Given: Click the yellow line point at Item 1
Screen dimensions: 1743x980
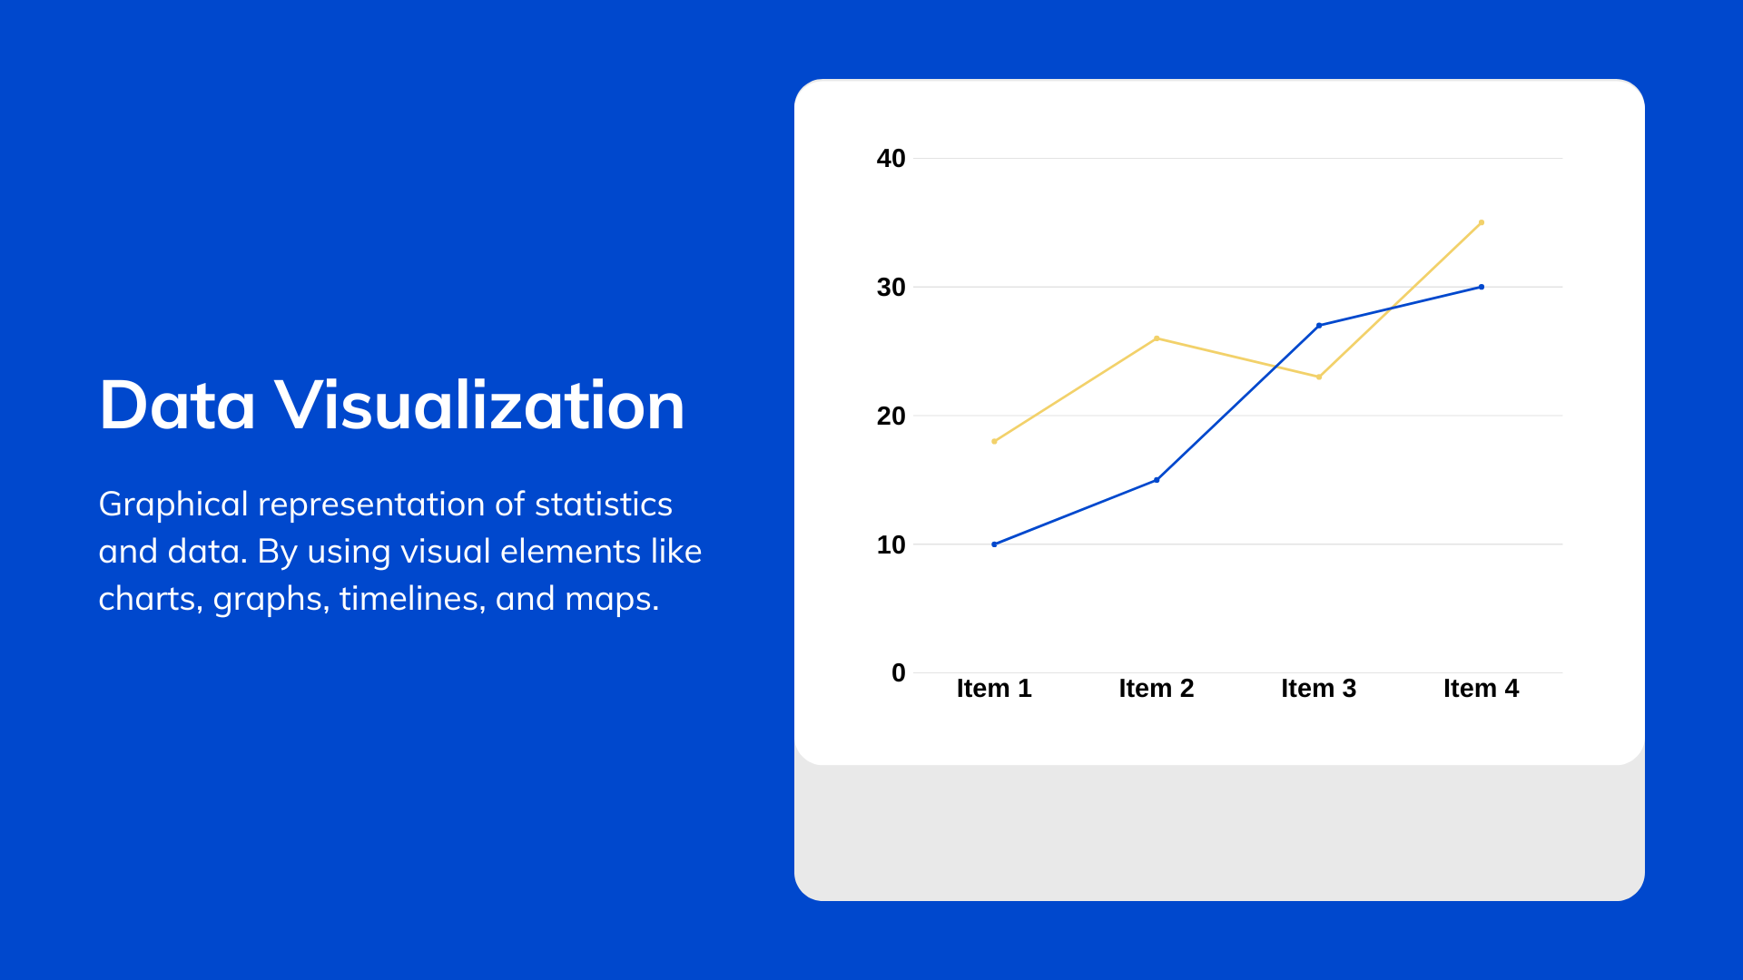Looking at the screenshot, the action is [x=994, y=441].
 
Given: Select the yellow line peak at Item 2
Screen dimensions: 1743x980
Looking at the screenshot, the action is [x=1157, y=338].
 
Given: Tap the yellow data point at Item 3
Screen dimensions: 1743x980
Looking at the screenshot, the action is [x=1319, y=377].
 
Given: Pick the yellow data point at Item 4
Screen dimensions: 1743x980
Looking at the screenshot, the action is [x=1482, y=222].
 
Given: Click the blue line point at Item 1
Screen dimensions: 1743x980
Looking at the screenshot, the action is [x=994, y=544].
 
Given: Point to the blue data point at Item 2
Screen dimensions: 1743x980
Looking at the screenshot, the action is [x=1157, y=480].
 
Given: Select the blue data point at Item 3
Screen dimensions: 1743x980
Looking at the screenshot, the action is [x=1319, y=325].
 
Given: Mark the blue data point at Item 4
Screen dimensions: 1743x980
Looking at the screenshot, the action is [x=1482, y=287].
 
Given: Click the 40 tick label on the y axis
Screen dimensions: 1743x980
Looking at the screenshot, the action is [x=891, y=159].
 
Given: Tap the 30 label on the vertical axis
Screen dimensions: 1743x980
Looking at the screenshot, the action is [x=891, y=288].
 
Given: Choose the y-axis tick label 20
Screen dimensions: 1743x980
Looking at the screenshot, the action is [x=891, y=416].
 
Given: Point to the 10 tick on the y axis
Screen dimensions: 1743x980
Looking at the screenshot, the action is [x=891, y=545].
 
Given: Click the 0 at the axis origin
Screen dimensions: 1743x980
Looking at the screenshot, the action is [x=899, y=673].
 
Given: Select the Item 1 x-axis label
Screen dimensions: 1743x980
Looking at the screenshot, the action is [x=994, y=689].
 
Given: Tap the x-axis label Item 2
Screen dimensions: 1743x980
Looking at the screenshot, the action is [x=1157, y=689].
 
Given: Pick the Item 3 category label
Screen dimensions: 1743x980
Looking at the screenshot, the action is [x=1319, y=689].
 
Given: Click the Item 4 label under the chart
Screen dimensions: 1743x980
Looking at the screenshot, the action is [x=1482, y=689].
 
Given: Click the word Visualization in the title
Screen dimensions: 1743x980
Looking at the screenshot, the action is [x=480, y=405].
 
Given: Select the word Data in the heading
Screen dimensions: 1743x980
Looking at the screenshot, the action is [x=177, y=405].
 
